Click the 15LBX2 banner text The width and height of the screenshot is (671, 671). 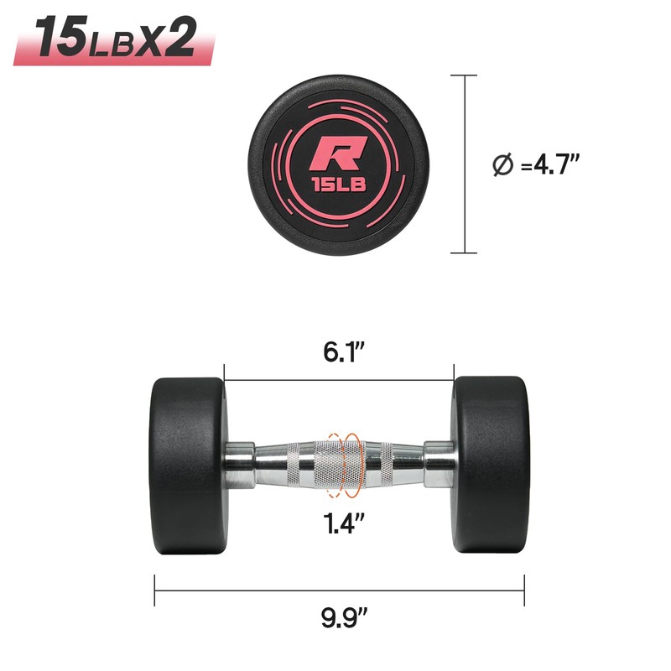tap(115, 37)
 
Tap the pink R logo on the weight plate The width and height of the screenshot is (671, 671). tap(338, 153)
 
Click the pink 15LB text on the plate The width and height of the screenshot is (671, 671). tap(340, 185)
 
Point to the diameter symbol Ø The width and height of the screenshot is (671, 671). tap(502, 165)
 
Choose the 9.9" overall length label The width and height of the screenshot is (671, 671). tap(344, 616)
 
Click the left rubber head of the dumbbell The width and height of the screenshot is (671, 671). tap(188, 466)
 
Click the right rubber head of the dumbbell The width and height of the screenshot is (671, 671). tap(492, 465)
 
